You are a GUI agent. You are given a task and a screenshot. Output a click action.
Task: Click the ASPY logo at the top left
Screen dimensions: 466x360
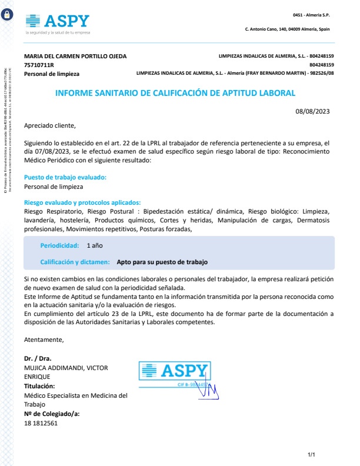58,22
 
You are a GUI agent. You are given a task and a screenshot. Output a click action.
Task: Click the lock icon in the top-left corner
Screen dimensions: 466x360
7,16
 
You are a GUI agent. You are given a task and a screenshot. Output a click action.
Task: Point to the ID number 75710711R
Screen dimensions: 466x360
39,65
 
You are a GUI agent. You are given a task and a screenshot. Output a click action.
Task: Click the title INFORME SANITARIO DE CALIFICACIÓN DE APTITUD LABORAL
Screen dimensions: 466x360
175,93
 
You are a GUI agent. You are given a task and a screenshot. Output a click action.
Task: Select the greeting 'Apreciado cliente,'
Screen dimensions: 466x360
50,125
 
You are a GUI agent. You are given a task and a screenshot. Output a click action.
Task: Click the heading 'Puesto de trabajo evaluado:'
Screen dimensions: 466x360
65,177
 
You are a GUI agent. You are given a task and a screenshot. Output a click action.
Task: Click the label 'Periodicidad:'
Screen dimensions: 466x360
59,245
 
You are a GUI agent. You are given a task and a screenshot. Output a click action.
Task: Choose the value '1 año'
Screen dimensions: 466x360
95,245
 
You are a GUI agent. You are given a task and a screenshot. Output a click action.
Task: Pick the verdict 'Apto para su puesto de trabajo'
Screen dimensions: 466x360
162,262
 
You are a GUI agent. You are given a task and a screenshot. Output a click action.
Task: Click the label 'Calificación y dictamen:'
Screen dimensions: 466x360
75,262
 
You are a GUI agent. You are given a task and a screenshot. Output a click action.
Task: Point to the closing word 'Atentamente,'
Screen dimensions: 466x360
44,339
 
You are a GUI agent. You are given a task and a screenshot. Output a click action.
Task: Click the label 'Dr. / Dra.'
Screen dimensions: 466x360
38,358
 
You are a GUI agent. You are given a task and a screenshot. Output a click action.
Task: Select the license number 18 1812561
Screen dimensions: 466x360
41,423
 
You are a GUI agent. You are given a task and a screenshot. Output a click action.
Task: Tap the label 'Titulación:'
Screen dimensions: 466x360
39,386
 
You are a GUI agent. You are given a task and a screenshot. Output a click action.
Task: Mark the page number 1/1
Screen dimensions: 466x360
312,455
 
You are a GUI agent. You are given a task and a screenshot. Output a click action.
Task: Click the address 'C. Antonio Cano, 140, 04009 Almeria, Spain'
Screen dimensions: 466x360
287,29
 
